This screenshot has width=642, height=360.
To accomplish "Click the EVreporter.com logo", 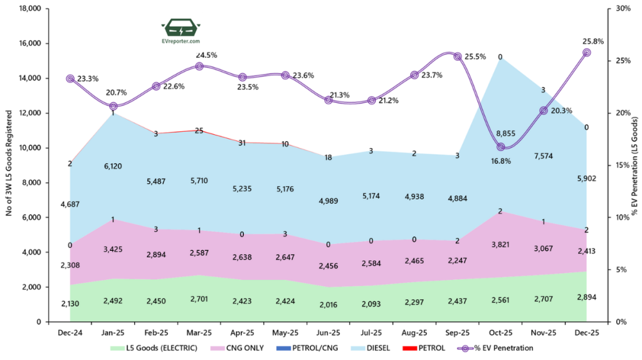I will tap(181, 32).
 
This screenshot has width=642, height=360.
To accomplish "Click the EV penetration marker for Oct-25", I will tap(500, 147).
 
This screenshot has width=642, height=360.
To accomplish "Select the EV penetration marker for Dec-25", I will tap(586, 53).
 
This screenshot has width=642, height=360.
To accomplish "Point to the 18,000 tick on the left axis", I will tap(27, 9).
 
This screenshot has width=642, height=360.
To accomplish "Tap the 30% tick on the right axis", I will tap(623, 9).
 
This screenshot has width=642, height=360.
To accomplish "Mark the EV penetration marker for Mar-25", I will tap(199, 66).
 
